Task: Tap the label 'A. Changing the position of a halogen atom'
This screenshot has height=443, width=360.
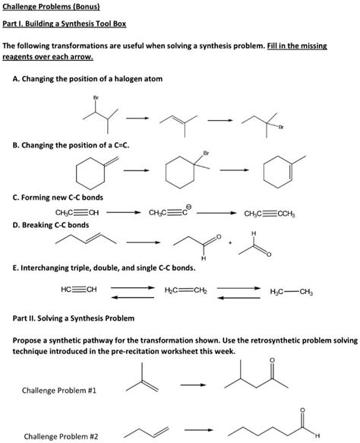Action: pos(87,79)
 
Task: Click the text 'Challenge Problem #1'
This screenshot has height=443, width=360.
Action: pos(58,391)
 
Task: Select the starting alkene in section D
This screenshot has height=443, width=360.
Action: pos(85,241)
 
